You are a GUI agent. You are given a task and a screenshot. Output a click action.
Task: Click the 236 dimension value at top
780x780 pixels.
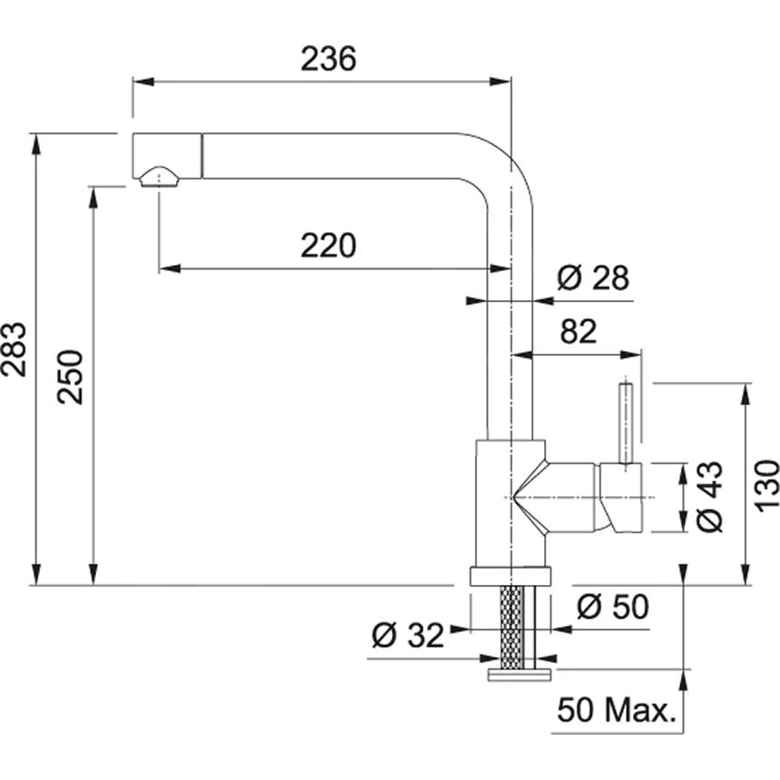[329, 59]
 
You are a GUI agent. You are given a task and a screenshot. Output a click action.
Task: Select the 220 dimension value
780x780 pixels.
[329, 245]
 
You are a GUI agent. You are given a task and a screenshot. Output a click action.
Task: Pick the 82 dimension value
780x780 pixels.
[579, 333]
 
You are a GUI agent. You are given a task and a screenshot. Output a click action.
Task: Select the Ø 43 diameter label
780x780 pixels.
[710, 496]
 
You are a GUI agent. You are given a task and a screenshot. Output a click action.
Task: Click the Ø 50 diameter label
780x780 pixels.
[613, 606]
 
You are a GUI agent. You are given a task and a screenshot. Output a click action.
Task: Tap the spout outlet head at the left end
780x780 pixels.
[166, 156]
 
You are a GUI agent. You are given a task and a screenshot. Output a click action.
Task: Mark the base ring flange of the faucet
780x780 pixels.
[511, 576]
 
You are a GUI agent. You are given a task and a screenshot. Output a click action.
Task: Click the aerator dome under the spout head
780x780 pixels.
[160, 177]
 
